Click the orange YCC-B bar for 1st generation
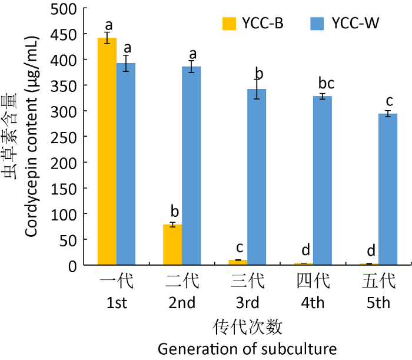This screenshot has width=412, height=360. pyautogui.click(x=107, y=151)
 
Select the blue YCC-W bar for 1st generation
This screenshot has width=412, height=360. pyautogui.click(x=126, y=164)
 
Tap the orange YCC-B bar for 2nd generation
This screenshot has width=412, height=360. pyautogui.click(x=172, y=245)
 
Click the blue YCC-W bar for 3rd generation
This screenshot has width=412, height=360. pyautogui.click(x=257, y=177)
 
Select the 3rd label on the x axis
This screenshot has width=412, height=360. pyautogui.click(x=247, y=303)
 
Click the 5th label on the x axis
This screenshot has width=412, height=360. pyautogui.click(x=378, y=303)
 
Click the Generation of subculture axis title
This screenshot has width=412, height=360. pyautogui.click(x=247, y=348)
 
